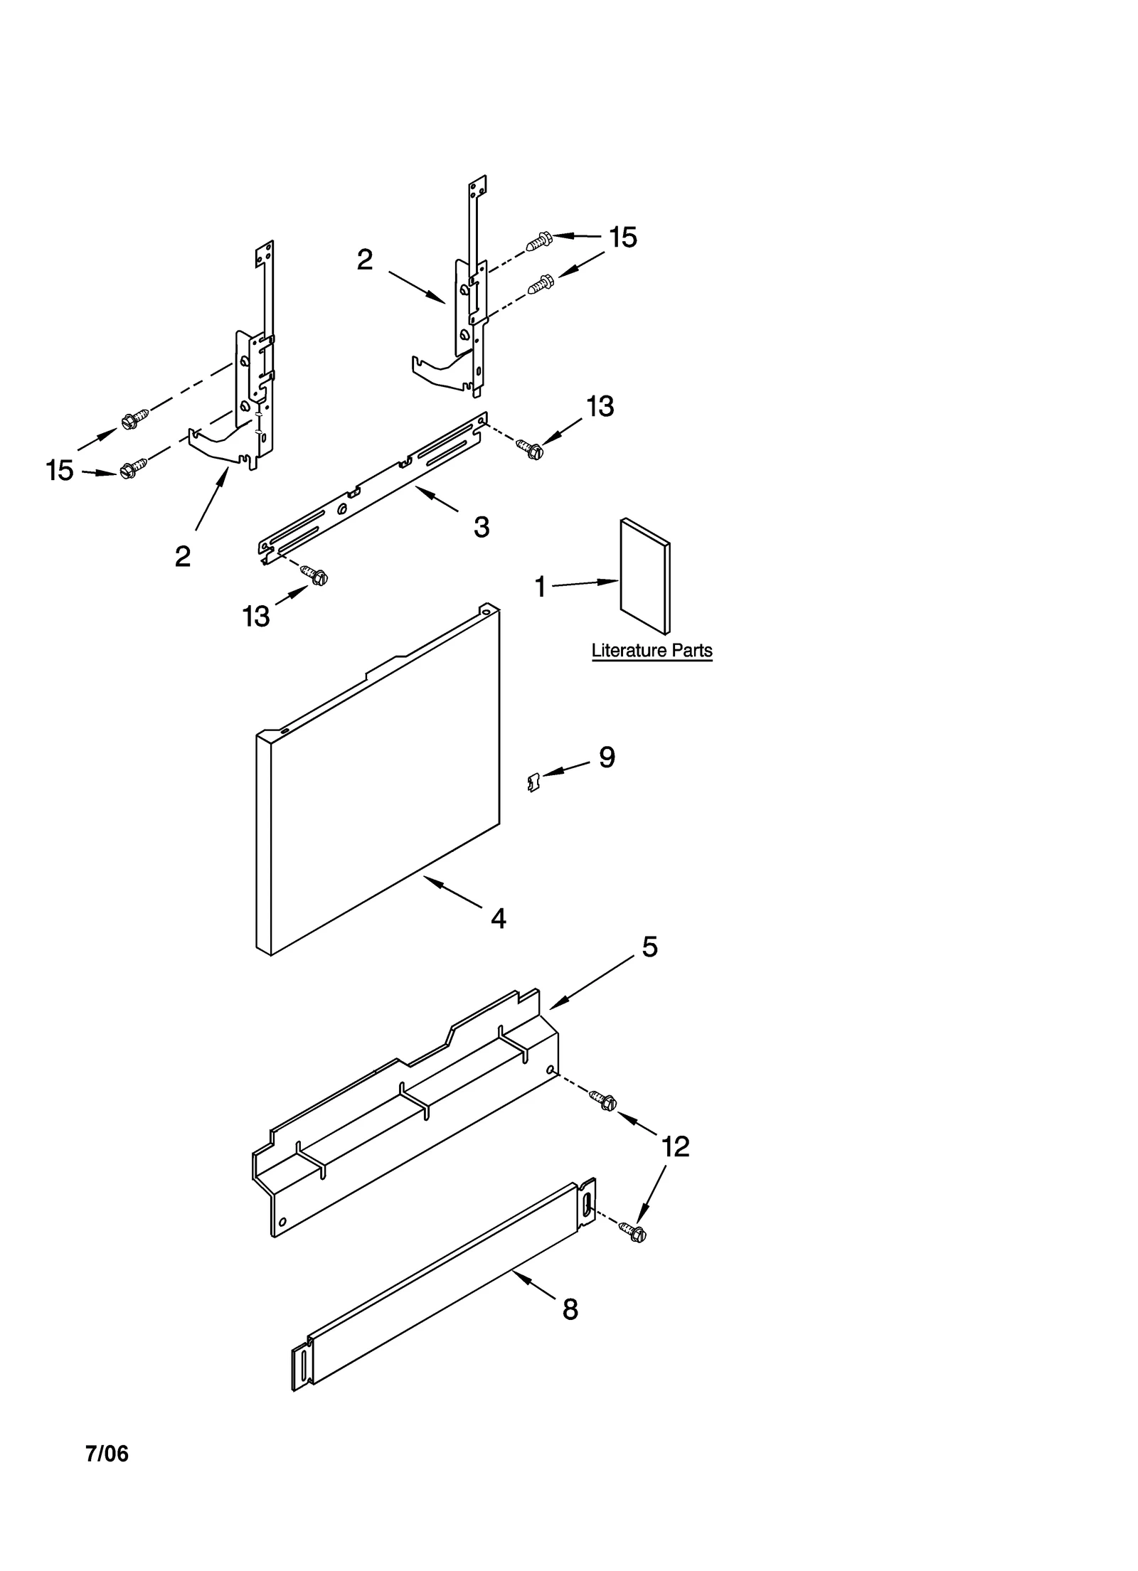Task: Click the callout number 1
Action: (540, 587)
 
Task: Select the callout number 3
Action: (482, 528)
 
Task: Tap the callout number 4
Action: (499, 919)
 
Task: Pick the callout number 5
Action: (649, 947)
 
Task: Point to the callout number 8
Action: (570, 1310)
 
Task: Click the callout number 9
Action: (607, 757)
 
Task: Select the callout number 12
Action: (675, 1146)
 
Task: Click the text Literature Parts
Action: (652, 650)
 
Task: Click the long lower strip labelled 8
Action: (445, 1287)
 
